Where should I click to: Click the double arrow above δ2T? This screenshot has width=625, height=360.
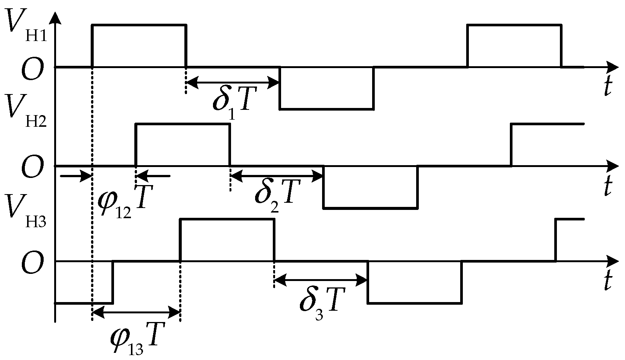pyautogui.click(x=277, y=175)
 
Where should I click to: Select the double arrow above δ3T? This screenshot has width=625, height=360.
pyautogui.click(x=321, y=280)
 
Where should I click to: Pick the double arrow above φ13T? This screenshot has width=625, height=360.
pyautogui.click(x=136, y=312)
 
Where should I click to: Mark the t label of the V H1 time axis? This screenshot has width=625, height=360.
pyautogui.click(x=607, y=88)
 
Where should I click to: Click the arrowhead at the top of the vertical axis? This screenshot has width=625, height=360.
pyautogui.click(x=55, y=17)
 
